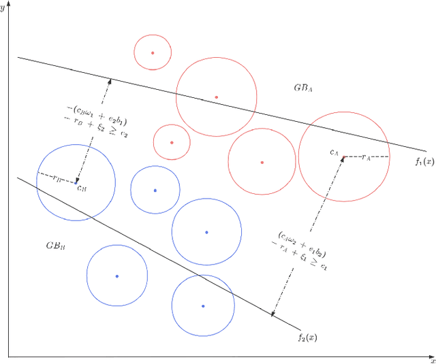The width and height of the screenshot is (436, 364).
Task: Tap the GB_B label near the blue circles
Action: (x=55, y=245)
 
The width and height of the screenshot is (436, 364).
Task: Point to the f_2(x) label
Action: (x=307, y=337)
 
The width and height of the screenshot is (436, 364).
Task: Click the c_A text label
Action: (x=334, y=153)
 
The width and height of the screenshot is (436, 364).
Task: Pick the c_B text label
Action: (x=81, y=187)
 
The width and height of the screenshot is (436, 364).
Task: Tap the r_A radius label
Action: (x=366, y=156)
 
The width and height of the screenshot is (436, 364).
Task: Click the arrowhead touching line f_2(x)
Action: (x=273, y=314)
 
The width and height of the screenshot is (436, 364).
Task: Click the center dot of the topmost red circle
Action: (x=152, y=52)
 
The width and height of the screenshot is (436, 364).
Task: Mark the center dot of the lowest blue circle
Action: (x=203, y=306)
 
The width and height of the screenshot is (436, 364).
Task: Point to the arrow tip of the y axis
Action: (x=8, y=3)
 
